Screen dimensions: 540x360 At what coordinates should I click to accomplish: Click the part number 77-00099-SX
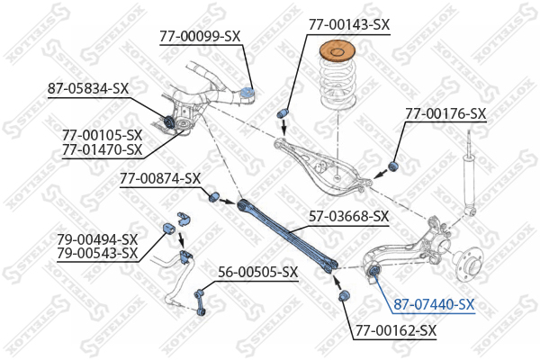200,37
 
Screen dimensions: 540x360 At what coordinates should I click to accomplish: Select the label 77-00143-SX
349,25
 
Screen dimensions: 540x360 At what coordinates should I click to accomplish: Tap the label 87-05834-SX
88,89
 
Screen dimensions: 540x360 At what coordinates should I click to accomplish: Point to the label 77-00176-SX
445,113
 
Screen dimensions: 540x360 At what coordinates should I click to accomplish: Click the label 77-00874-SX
160,179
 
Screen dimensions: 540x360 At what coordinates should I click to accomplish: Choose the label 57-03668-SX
349,217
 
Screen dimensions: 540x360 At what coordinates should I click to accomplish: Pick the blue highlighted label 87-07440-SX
435,304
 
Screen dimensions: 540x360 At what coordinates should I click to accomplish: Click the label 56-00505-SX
258,273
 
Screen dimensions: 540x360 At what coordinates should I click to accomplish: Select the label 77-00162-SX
396,331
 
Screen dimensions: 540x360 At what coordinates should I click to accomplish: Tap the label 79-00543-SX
97,254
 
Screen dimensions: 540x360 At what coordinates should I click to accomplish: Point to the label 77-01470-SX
103,150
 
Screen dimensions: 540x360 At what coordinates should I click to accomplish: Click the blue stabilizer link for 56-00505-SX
200,303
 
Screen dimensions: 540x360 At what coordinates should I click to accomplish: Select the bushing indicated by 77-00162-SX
344,295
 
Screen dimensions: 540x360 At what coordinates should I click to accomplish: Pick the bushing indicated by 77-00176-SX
393,166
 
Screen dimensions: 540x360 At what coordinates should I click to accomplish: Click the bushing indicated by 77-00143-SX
283,113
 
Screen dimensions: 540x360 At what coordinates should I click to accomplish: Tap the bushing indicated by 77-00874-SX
214,196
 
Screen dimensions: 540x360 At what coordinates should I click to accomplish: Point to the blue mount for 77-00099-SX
247,93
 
